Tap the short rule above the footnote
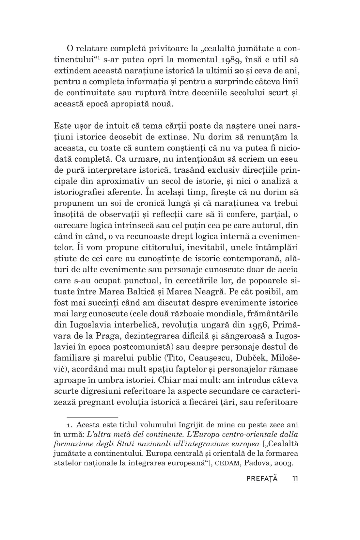tap(92, 417)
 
